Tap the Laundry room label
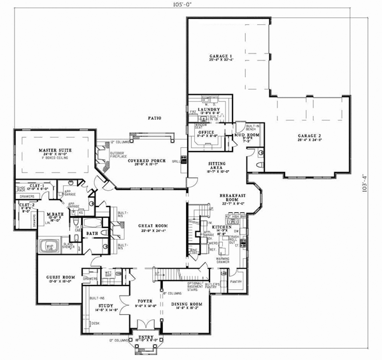click(x=208, y=110)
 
